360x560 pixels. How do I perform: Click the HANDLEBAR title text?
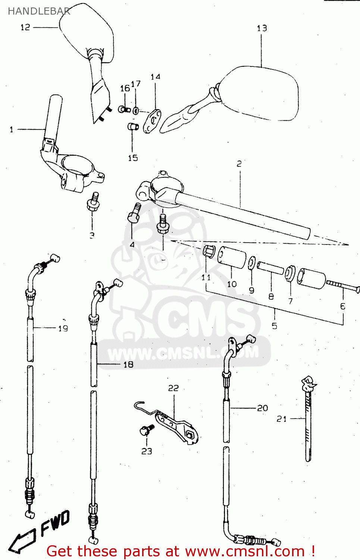click(x=39, y=11)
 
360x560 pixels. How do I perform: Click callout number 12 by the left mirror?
click(x=25, y=27)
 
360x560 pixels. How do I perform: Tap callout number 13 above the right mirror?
click(x=262, y=28)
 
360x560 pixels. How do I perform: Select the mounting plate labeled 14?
click(x=152, y=121)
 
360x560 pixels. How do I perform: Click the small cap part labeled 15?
click(x=133, y=127)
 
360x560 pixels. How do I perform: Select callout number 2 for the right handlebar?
click(x=239, y=164)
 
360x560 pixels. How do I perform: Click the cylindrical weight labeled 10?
click(x=232, y=258)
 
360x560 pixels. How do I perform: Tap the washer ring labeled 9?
click(x=252, y=263)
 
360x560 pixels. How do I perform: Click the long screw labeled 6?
click(x=342, y=286)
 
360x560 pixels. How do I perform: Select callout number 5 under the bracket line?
click(x=274, y=326)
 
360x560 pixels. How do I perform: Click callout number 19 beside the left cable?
click(x=63, y=328)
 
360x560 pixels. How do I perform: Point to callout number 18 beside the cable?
click(x=128, y=364)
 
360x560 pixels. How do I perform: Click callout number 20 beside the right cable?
click(x=262, y=408)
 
